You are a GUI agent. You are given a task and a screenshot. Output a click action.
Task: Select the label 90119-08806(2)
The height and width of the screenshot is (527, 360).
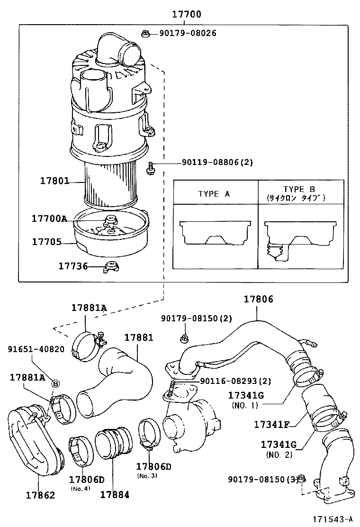(x=217, y=162)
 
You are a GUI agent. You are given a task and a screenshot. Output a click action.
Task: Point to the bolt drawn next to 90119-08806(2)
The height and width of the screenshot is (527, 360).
(x=150, y=167)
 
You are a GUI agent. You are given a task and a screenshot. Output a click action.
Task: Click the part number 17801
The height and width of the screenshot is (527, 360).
(x=54, y=181)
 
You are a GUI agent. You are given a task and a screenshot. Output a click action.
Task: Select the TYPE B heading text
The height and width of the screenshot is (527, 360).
(x=299, y=189)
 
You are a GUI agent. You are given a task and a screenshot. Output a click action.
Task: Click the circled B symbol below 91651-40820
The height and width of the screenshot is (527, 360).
(x=55, y=383)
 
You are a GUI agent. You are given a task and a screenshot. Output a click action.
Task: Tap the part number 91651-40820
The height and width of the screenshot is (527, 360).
(x=36, y=349)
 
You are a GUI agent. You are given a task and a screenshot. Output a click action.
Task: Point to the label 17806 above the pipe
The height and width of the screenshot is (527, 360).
(x=258, y=299)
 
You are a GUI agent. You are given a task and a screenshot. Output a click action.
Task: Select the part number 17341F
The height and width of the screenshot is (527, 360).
(x=271, y=424)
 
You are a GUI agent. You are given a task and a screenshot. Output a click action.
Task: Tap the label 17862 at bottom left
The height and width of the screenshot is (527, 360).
(x=40, y=495)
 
